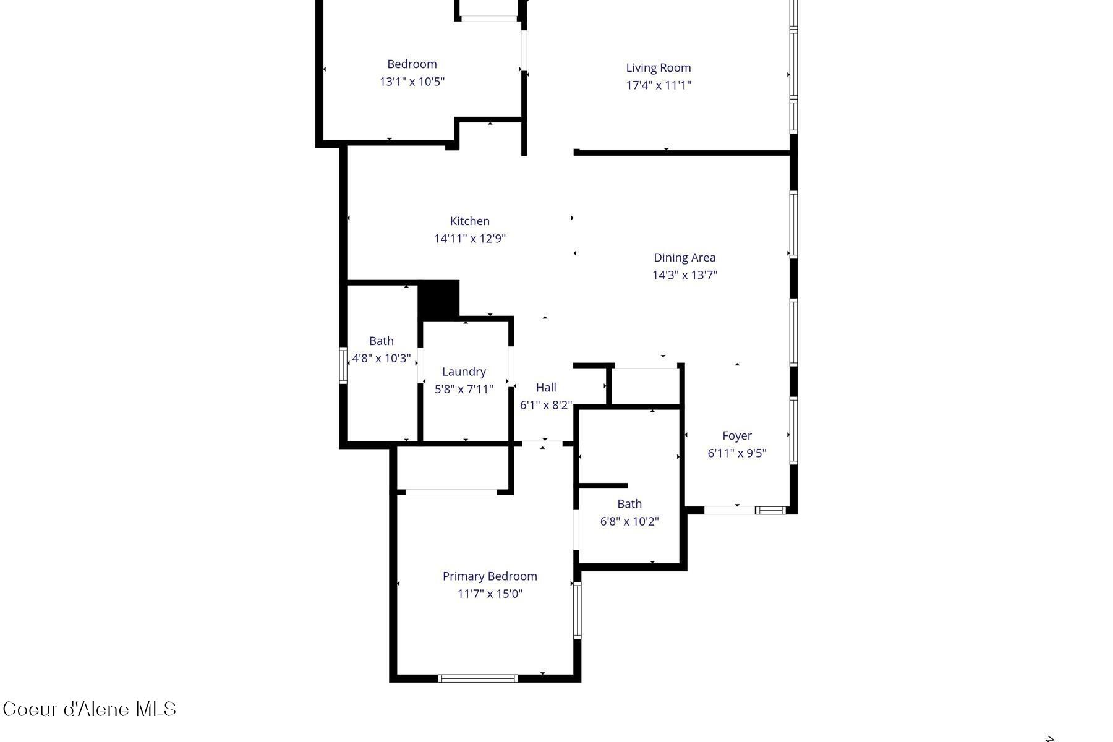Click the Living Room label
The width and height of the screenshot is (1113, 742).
(658, 68)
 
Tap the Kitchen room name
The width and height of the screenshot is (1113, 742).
(470, 221)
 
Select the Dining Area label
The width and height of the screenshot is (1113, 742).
(684, 258)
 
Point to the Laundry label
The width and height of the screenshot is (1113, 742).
(464, 372)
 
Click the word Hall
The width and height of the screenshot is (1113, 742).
(546, 388)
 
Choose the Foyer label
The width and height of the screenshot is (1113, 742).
(736, 436)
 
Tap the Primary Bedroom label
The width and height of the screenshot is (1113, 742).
(490, 576)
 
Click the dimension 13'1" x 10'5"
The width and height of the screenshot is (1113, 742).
(412, 82)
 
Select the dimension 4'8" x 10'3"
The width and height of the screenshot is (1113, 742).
(382, 359)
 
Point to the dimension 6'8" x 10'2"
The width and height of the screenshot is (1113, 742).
(629, 521)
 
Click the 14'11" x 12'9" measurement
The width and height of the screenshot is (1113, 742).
(470, 239)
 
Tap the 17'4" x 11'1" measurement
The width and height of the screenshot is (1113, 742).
(658, 85)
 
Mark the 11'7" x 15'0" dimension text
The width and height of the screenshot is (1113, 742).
(490, 594)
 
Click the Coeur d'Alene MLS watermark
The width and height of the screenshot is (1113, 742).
(90, 709)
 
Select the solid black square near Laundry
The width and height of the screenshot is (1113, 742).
(439, 300)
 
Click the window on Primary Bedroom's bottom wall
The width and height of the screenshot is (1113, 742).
(478, 678)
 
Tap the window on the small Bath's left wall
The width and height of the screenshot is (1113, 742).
(344, 365)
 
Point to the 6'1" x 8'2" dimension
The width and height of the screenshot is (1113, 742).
(546, 405)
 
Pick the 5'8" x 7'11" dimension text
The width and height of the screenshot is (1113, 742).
(464, 389)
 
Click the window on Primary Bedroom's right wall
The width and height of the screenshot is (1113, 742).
(578, 610)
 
